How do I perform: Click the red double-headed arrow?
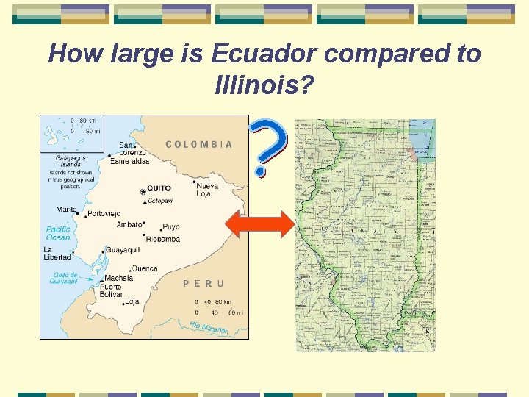click(259, 224)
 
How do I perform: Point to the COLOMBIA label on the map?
click(199, 145)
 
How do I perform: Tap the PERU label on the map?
click(203, 283)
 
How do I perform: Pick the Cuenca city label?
click(145, 269)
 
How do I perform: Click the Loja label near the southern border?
click(132, 301)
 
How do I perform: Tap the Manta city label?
click(67, 210)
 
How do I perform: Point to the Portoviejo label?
click(104, 214)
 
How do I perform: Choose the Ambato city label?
click(129, 224)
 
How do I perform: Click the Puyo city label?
click(171, 227)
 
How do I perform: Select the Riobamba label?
click(163, 239)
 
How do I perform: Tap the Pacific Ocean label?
click(58, 233)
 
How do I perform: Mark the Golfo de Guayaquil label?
click(64, 278)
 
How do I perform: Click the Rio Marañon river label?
click(209, 327)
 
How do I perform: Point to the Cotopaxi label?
click(159, 200)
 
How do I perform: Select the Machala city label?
click(118, 279)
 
